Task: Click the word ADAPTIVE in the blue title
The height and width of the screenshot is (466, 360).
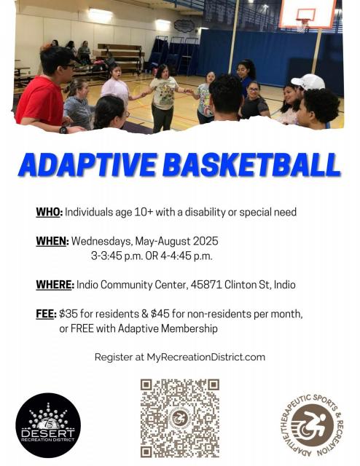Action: (x=87, y=165)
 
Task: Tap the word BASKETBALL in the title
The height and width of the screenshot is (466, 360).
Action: (x=251, y=165)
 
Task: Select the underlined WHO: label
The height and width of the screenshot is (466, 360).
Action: (x=50, y=212)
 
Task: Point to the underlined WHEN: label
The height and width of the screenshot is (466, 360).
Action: (x=52, y=241)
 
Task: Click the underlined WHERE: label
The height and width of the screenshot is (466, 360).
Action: (x=55, y=285)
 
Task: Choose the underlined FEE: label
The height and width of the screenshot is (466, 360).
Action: (x=46, y=314)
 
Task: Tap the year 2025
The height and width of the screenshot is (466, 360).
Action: (x=206, y=241)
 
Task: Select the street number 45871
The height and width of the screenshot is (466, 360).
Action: (x=206, y=285)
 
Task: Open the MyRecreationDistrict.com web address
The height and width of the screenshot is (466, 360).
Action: (x=206, y=357)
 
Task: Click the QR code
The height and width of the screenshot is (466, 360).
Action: (x=180, y=418)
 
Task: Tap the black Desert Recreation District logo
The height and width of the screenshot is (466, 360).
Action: (x=48, y=425)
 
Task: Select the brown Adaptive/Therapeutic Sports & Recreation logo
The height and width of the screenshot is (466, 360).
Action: (x=311, y=425)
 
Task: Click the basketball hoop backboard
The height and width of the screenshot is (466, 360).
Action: (x=308, y=13)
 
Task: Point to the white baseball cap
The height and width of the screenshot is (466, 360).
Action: (x=308, y=82)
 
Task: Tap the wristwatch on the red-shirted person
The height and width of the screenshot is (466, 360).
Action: (x=63, y=130)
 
